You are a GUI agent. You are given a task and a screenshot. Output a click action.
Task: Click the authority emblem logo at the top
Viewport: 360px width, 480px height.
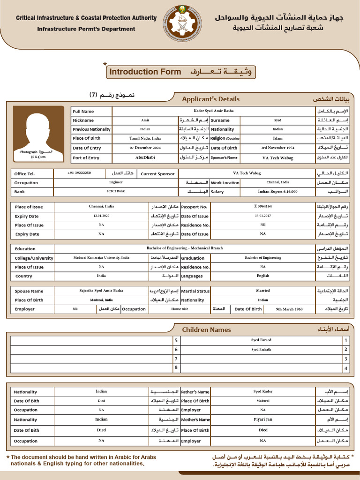point(180,22)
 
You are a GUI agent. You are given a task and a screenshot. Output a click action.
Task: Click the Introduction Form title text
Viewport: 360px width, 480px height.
point(145,72)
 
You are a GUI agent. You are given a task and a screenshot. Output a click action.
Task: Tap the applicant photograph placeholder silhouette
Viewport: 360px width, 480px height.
point(38,131)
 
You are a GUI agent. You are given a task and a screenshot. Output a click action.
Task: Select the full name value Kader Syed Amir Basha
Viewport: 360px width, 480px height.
point(213,111)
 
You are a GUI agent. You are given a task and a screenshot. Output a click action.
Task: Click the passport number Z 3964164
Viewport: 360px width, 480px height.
point(262,206)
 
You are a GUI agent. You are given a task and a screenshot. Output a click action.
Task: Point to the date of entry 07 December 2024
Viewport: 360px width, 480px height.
point(145,148)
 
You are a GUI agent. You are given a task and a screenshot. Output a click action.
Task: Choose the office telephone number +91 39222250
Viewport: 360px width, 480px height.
point(79,173)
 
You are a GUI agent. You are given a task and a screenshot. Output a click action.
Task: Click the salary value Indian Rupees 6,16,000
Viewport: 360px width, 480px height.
point(277,191)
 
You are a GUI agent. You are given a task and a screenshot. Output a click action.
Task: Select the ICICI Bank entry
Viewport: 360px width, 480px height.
point(116,191)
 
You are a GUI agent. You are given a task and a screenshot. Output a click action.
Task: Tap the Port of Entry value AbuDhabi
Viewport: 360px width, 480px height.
point(145,157)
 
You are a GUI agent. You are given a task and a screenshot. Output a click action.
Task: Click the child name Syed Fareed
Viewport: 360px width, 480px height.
point(261,340)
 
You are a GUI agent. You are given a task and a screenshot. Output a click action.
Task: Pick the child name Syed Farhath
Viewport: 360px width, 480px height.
point(261,350)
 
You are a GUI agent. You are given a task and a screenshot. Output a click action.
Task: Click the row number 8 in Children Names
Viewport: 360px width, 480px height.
point(176,368)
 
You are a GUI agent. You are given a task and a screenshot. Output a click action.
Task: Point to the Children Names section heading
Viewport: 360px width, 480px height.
point(206,330)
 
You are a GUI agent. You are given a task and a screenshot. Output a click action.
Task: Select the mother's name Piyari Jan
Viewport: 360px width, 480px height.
point(262,419)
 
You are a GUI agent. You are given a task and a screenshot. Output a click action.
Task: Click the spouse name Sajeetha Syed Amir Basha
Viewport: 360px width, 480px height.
point(101,291)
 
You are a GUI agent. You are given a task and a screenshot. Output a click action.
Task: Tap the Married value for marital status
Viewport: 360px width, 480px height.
point(262,291)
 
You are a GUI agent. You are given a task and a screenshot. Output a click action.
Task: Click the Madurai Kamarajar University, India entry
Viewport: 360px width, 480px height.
point(101,257)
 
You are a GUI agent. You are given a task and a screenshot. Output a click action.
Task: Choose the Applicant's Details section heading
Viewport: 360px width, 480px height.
point(210,99)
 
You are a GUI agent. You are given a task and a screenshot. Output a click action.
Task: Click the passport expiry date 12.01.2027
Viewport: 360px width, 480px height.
point(101,216)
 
